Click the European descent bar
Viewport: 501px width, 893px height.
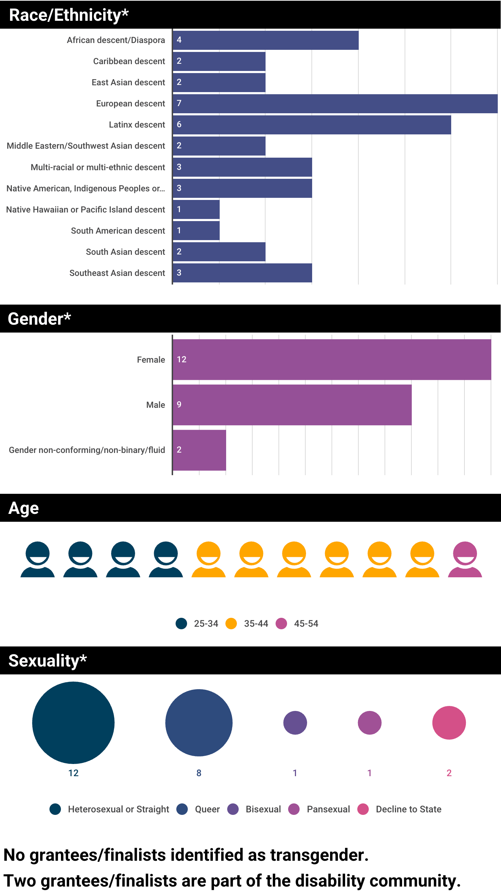pos(335,104)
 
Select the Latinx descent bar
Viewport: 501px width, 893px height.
pos(312,125)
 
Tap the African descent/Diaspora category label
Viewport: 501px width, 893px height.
pos(116,40)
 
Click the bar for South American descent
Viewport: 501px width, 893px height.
pos(196,230)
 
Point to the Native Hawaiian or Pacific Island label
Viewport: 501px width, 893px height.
pos(85,210)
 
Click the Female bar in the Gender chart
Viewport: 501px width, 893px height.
pos(331,359)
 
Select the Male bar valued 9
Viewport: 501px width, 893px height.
pos(292,405)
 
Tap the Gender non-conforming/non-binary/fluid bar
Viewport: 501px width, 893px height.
pos(199,450)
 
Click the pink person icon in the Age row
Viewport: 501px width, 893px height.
pos(465,559)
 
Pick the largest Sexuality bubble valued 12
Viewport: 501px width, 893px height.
pos(73,722)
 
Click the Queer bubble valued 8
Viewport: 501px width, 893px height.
pos(199,722)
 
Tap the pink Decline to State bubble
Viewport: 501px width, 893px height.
pos(449,722)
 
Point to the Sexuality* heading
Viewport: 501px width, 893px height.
pos(48,660)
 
